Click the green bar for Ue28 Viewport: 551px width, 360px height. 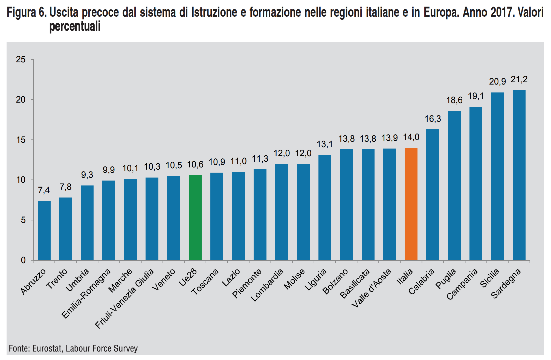195,217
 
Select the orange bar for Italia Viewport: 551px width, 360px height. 411,204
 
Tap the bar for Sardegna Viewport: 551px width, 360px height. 519,175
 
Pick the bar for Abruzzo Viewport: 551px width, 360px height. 44,230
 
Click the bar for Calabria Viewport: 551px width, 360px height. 433,194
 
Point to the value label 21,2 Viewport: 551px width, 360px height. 519,80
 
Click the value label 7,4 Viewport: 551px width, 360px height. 44,190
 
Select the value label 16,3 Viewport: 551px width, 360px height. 433,119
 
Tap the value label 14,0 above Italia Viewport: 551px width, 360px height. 411,137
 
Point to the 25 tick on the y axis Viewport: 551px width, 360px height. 21,60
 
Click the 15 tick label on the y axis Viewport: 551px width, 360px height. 21,140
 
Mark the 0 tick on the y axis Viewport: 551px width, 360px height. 23,260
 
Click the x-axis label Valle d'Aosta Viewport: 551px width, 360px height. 372,288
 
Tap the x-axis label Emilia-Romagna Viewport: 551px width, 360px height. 86,293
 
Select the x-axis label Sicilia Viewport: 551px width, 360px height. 490,278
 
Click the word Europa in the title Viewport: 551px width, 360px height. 441,13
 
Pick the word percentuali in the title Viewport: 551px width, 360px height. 75,27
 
